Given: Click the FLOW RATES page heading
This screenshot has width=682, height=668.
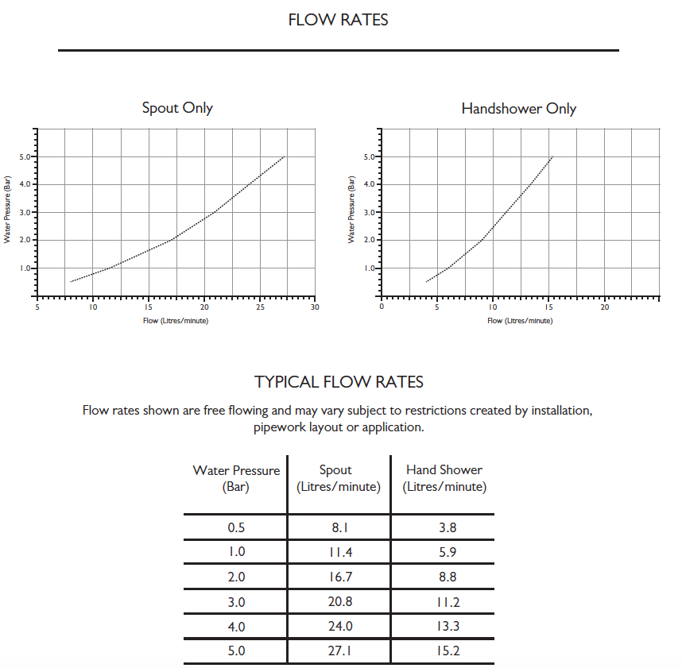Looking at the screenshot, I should point(338,21).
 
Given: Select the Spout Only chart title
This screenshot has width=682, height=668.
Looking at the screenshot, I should point(177,108).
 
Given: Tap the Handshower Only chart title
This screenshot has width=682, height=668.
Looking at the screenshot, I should point(518,109).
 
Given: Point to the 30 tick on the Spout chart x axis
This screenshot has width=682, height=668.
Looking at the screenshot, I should point(315,307).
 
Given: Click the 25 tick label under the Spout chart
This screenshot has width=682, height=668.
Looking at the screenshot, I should point(260,307).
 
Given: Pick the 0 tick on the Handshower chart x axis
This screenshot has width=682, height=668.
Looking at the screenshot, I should point(382,307).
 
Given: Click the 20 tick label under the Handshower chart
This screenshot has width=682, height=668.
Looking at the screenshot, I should point(604,307).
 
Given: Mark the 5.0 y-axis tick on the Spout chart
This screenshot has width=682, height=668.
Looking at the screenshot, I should point(24,157).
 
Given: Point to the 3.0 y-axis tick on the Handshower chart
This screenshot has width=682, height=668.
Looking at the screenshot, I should point(370,213).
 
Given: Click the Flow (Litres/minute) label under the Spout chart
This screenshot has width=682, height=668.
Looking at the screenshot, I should point(176,321).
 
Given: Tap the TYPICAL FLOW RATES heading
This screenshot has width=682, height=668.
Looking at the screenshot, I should point(339,382).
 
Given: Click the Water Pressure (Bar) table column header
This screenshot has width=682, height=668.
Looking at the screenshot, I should point(236,478).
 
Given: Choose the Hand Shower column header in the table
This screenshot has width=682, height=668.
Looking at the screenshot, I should point(444,478).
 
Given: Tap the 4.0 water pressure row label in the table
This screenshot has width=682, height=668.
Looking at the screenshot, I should point(236,627).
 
